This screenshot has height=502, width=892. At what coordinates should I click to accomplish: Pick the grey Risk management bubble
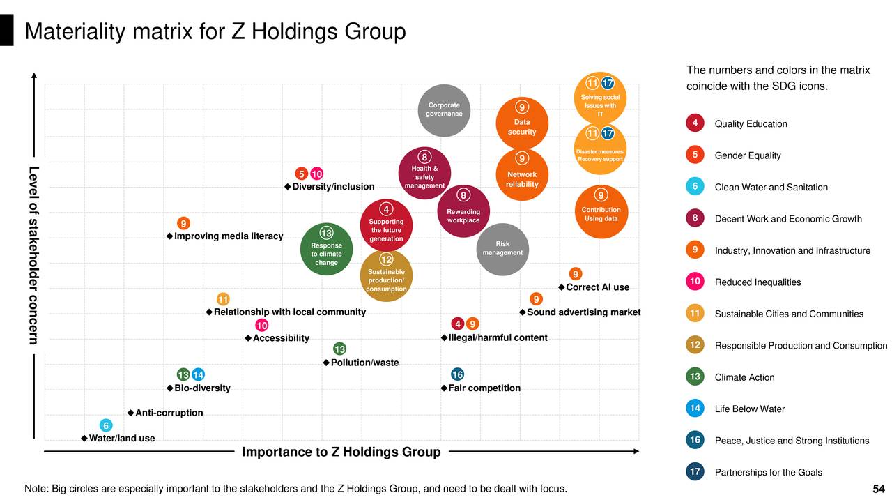click(502, 249)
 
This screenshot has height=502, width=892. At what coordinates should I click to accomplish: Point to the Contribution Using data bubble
click(601, 211)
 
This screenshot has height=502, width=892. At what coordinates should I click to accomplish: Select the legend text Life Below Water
click(750, 409)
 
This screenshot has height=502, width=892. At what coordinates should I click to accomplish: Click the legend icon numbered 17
click(694, 472)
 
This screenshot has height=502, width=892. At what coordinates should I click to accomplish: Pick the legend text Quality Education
click(751, 124)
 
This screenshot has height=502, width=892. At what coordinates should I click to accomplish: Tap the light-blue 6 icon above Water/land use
click(106, 425)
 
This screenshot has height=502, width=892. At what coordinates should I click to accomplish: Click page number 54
click(879, 489)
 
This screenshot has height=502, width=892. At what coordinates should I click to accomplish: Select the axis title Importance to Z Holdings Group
click(341, 452)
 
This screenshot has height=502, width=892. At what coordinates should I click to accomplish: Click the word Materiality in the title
click(72, 32)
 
